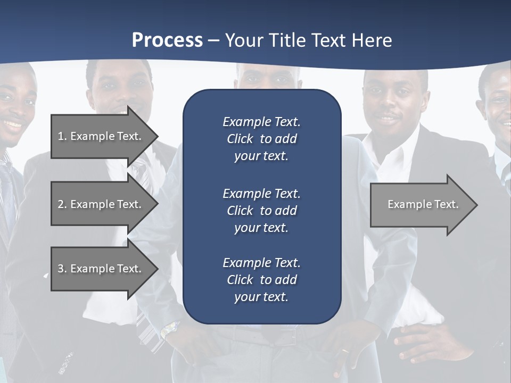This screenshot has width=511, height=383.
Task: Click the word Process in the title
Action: [x=167, y=40]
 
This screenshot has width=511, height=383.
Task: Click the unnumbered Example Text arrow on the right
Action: [x=421, y=205]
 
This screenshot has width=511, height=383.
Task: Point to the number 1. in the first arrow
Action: [x=62, y=136]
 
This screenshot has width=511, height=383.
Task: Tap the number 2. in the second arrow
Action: [x=62, y=204]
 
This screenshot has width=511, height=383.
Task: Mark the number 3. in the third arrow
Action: [x=62, y=269]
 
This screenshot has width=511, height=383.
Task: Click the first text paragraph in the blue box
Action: [x=261, y=139]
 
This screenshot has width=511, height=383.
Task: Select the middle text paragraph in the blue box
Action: [x=261, y=211]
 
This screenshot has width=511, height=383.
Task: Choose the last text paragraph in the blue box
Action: [x=261, y=280]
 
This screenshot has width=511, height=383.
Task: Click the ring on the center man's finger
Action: [x=346, y=351]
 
